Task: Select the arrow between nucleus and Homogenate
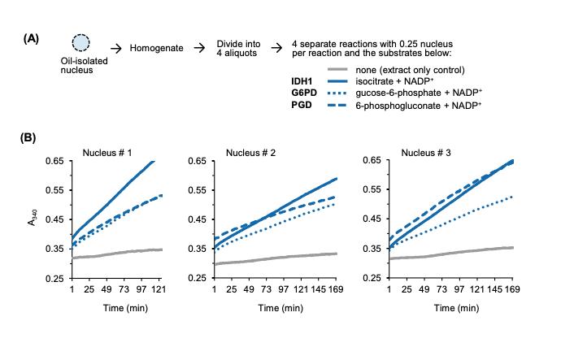click(115, 49)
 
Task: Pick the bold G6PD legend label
click(305, 93)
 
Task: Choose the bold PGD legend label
click(302, 106)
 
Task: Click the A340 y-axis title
click(32, 219)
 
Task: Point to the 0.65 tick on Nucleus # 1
click(56, 161)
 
